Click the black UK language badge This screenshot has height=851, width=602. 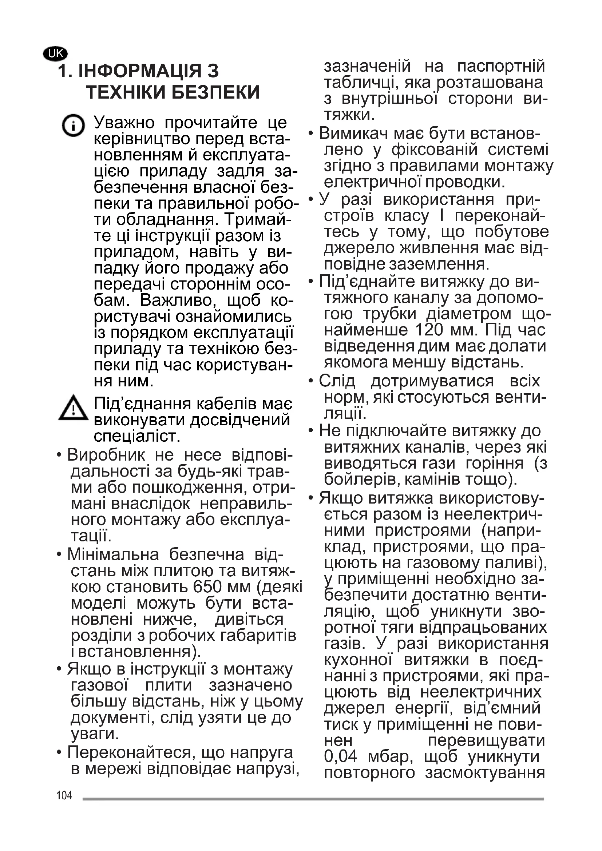56,54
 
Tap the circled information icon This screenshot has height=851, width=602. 73,126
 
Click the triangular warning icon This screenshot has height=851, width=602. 74,408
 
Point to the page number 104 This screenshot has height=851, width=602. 64,795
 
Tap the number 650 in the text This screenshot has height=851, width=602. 207,587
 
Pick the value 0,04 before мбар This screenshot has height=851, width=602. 341,756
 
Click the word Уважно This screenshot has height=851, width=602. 124,123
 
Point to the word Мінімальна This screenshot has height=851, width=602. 113,554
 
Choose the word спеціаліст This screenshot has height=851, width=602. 137,436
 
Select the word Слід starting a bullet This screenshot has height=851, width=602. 337,381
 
